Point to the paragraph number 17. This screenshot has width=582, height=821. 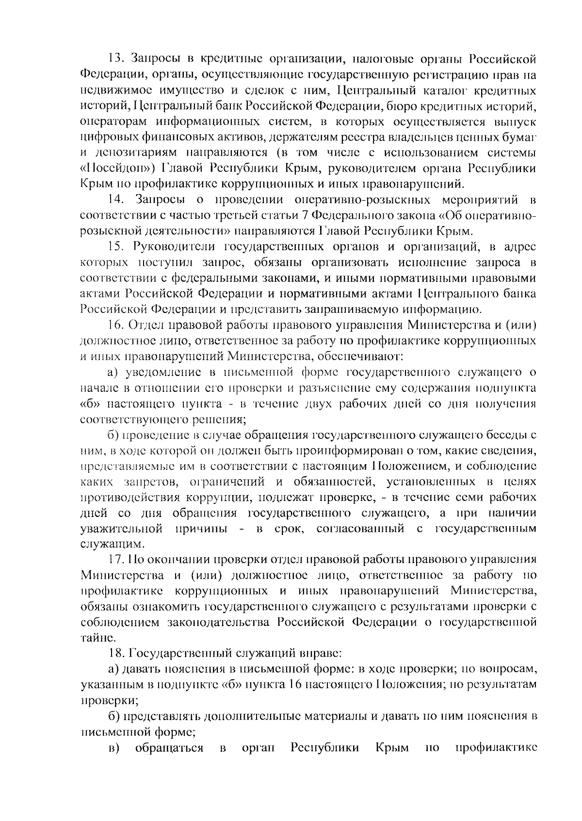[116, 559]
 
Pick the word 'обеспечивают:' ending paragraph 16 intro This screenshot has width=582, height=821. [361, 356]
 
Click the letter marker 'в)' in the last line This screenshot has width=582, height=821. [114, 747]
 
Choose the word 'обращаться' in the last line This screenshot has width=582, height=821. [169, 747]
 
